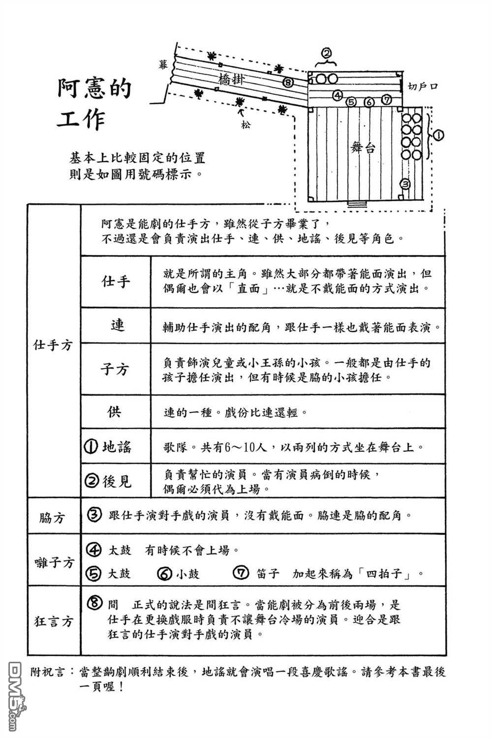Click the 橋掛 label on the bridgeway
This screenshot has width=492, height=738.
point(231,79)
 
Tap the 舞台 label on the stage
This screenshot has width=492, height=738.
point(363,148)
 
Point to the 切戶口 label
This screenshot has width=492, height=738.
point(423,87)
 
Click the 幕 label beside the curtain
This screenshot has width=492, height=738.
point(163,64)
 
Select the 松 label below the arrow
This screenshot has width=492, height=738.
point(246,125)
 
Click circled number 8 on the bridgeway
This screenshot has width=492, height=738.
point(288,82)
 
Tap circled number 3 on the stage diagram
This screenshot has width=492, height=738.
point(405,184)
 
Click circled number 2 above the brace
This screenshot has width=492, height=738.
point(326,53)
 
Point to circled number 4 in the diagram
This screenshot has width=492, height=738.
point(338,95)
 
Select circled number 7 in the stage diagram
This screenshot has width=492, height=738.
point(387,100)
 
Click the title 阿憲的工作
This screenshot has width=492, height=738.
point(94,103)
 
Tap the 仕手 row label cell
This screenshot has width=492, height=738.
point(116,282)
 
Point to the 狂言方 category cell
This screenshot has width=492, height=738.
point(54,621)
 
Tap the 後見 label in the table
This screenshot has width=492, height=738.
point(117,482)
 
